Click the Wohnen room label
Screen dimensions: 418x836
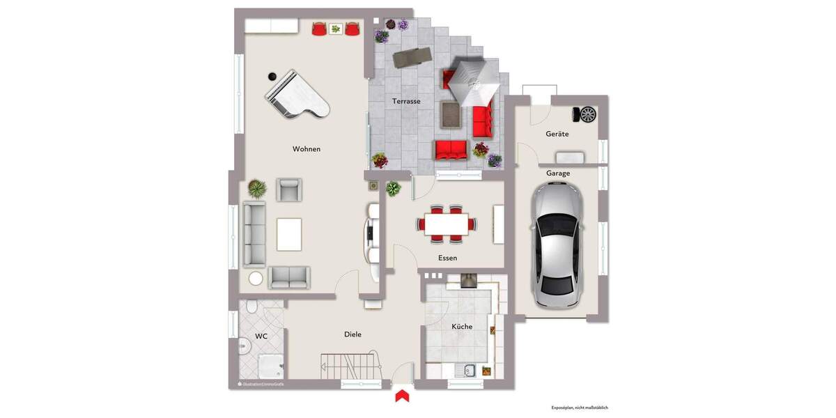(307, 149)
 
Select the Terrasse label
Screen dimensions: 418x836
(406, 101)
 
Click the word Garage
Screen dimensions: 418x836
(558, 173)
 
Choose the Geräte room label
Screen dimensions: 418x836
(558, 134)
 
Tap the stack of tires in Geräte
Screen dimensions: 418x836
(585, 114)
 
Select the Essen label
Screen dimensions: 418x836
(448, 258)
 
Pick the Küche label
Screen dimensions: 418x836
(462, 326)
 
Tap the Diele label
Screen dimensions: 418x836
(353, 334)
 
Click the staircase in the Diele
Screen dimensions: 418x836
(350, 366)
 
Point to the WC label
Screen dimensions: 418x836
(261, 336)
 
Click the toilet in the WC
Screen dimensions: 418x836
(252, 307)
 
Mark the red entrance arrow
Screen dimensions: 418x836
(401, 396)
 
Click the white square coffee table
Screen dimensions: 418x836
(289, 234)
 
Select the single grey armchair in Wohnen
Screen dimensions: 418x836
(289, 189)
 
